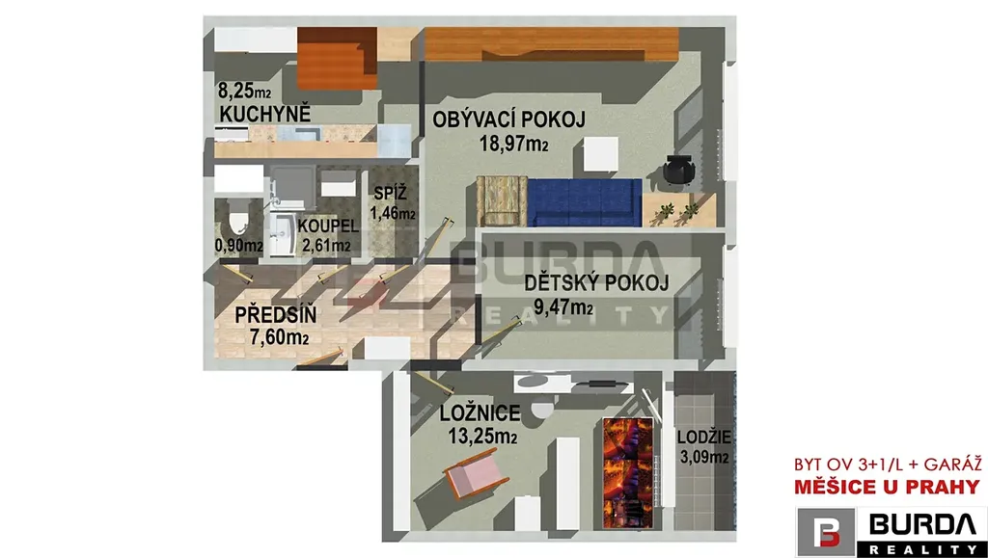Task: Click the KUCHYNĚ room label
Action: click(265, 114)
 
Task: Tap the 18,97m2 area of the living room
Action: click(513, 144)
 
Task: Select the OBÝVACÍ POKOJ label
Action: click(509, 119)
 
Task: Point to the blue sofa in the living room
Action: click(585, 202)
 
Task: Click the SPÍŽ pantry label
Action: click(390, 193)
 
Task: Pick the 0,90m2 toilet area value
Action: click(239, 246)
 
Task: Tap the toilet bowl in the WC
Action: click(238, 222)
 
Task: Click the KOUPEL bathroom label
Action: click(328, 226)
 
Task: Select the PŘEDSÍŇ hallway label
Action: click(276, 314)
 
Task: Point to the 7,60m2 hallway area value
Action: click(279, 337)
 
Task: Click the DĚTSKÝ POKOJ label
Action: click(596, 283)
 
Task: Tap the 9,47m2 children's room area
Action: click(563, 307)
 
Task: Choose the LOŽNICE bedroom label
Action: click(480, 413)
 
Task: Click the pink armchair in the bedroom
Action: click(476, 477)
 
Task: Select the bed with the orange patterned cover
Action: click(627, 473)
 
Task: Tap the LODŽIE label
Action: click(704, 438)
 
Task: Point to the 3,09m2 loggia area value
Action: click(704, 456)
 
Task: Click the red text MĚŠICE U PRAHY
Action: click(888, 487)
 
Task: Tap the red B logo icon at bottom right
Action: click(826, 532)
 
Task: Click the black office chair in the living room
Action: click(678, 169)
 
